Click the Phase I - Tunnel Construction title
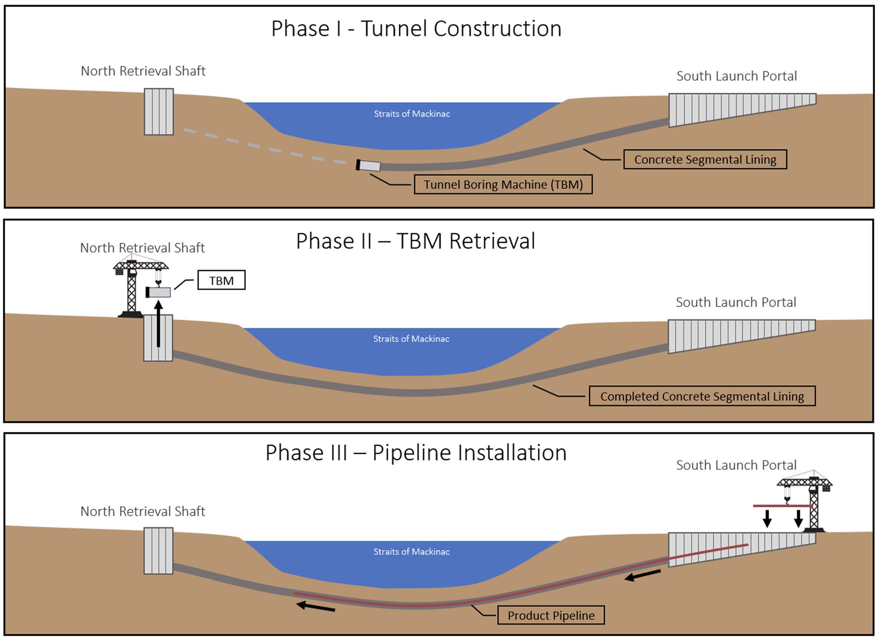tap(416, 29)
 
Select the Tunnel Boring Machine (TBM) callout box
tap(503, 184)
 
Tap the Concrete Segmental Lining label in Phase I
tap(705, 159)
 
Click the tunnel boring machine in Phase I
tap(368, 165)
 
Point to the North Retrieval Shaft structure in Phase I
tap(158, 111)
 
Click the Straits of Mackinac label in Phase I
tap(411, 114)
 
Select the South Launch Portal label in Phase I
tap(736, 76)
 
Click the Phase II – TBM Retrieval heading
tap(415, 241)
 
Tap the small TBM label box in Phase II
tap(221, 280)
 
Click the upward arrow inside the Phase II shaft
tap(158, 324)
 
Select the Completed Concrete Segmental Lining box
tap(702, 396)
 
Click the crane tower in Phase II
tap(132, 289)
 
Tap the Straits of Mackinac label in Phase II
tap(411, 339)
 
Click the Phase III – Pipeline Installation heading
tap(416, 452)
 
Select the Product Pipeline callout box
tap(551, 616)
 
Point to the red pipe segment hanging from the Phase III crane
tap(782, 506)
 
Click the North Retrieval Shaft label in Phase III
tap(143, 511)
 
